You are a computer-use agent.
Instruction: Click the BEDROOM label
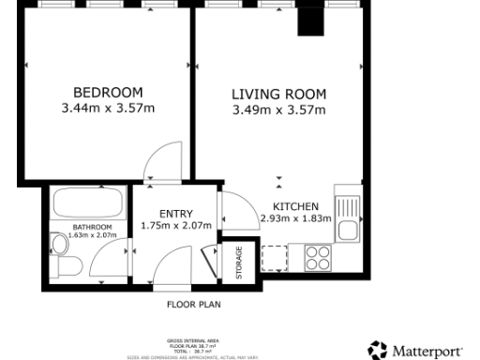click(108, 92)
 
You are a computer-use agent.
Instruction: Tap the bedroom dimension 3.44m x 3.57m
click(108, 108)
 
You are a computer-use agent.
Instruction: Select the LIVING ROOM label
click(278, 94)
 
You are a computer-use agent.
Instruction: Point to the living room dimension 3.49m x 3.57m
click(278, 110)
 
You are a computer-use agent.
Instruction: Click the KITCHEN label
click(295, 206)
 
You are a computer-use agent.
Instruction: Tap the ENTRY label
click(175, 213)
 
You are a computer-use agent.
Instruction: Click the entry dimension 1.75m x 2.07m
click(175, 226)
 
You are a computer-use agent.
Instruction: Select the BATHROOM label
click(93, 227)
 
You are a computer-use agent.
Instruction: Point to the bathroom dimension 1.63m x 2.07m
click(93, 235)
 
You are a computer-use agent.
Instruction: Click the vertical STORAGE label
click(238, 262)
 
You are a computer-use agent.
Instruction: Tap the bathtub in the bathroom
click(89, 202)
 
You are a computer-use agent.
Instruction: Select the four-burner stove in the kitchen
click(316, 256)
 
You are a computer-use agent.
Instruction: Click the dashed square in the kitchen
click(276, 257)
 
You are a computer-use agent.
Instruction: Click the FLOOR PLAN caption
click(193, 305)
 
